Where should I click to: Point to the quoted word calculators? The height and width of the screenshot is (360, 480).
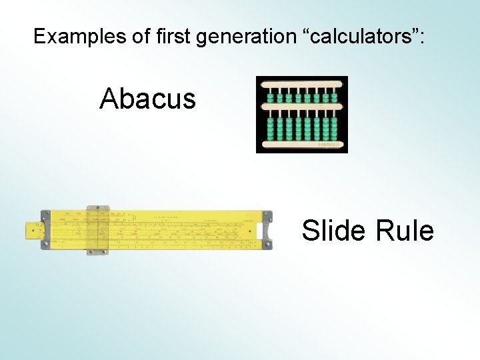[365, 36]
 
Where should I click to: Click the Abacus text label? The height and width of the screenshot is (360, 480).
[147, 99]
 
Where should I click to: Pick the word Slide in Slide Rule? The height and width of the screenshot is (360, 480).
[333, 231]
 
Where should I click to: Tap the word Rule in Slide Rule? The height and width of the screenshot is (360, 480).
[405, 231]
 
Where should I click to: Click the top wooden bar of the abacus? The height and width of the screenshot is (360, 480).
[301, 85]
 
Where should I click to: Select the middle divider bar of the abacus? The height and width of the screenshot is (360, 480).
[301, 107]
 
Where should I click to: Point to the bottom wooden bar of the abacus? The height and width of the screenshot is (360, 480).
[301, 144]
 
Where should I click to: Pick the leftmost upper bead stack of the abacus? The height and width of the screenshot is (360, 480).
[271, 97]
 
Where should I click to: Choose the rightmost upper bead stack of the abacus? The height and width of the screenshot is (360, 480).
[334, 97]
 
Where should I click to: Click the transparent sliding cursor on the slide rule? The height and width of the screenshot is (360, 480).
[98, 229]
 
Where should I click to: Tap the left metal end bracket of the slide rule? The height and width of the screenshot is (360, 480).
[45, 229]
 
